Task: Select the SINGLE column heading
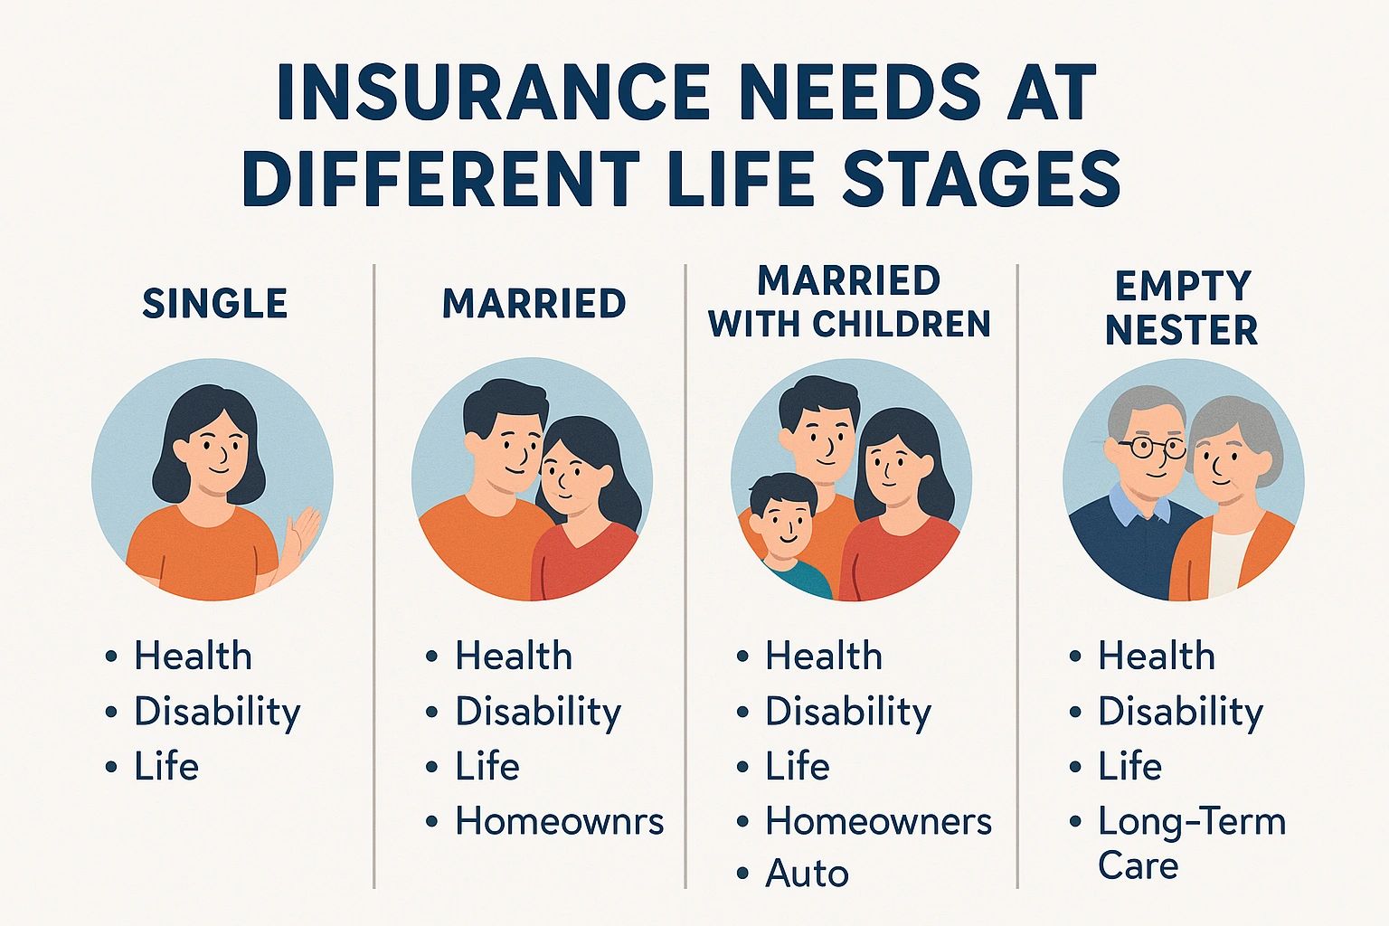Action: coord(215,304)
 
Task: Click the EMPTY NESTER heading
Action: coord(1181,307)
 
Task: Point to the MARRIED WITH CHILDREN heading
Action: coord(849,302)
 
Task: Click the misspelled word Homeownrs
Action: coord(559,821)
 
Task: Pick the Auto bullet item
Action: coord(807,874)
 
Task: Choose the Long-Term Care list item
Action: coord(1190,843)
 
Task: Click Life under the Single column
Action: coord(166,767)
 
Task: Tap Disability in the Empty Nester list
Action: coord(1180,712)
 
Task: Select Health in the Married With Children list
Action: coord(823,657)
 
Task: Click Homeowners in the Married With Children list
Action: coord(878,821)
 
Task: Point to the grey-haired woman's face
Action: coord(1225,461)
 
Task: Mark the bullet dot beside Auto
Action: coord(743,874)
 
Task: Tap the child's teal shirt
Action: coord(800,579)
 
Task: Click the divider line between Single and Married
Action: coord(373,579)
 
